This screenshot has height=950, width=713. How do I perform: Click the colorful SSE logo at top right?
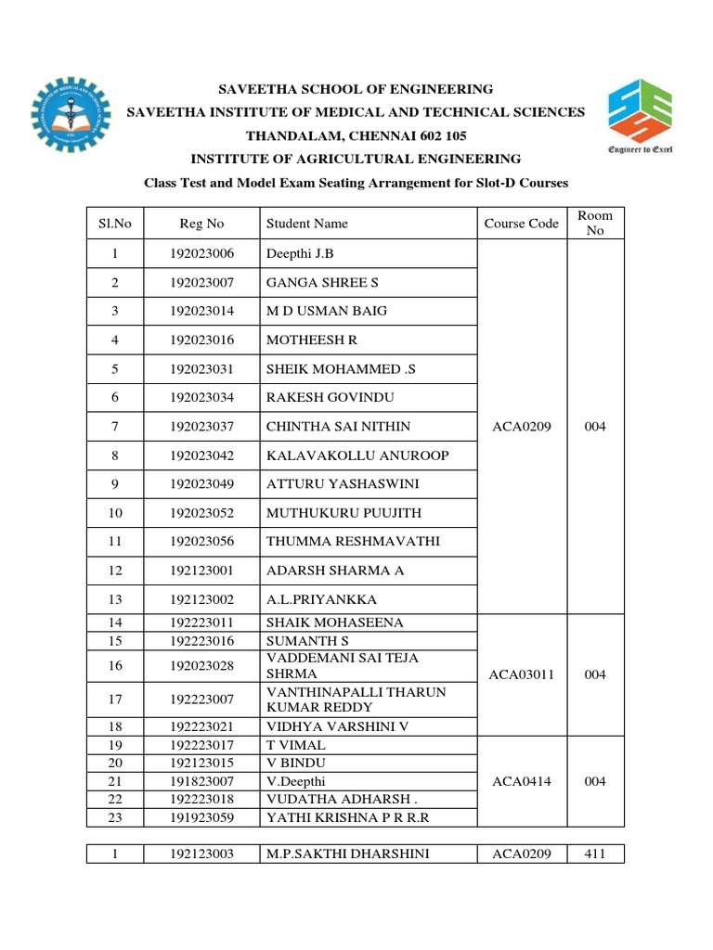click(x=640, y=115)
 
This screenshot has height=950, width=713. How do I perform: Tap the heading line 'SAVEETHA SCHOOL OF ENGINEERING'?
click(x=356, y=89)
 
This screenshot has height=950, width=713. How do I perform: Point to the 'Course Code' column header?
click(x=521, y=224)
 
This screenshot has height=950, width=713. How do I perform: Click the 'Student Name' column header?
click(x=307, y=224)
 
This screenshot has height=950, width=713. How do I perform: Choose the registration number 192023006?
click(x=202, y=253)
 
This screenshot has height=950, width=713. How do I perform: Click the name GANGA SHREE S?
click(x=323, y=282)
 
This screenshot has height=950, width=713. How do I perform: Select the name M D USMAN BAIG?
click(x=327, y=311)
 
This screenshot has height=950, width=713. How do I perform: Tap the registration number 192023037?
click(x=202, y=427)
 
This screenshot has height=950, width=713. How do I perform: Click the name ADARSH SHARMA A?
click(x=335, y=571)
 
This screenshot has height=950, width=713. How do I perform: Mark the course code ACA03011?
click(x=521, y=674)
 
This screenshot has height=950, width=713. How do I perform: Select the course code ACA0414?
click(x=521, y=781)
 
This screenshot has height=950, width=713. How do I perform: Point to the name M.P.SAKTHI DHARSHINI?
click(x=348, y=854)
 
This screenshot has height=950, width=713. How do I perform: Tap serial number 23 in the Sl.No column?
click(x=115, y=817)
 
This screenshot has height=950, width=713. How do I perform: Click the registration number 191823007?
click(x=202, y=781)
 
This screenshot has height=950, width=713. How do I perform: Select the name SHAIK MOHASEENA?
click(x=335, y=623)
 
